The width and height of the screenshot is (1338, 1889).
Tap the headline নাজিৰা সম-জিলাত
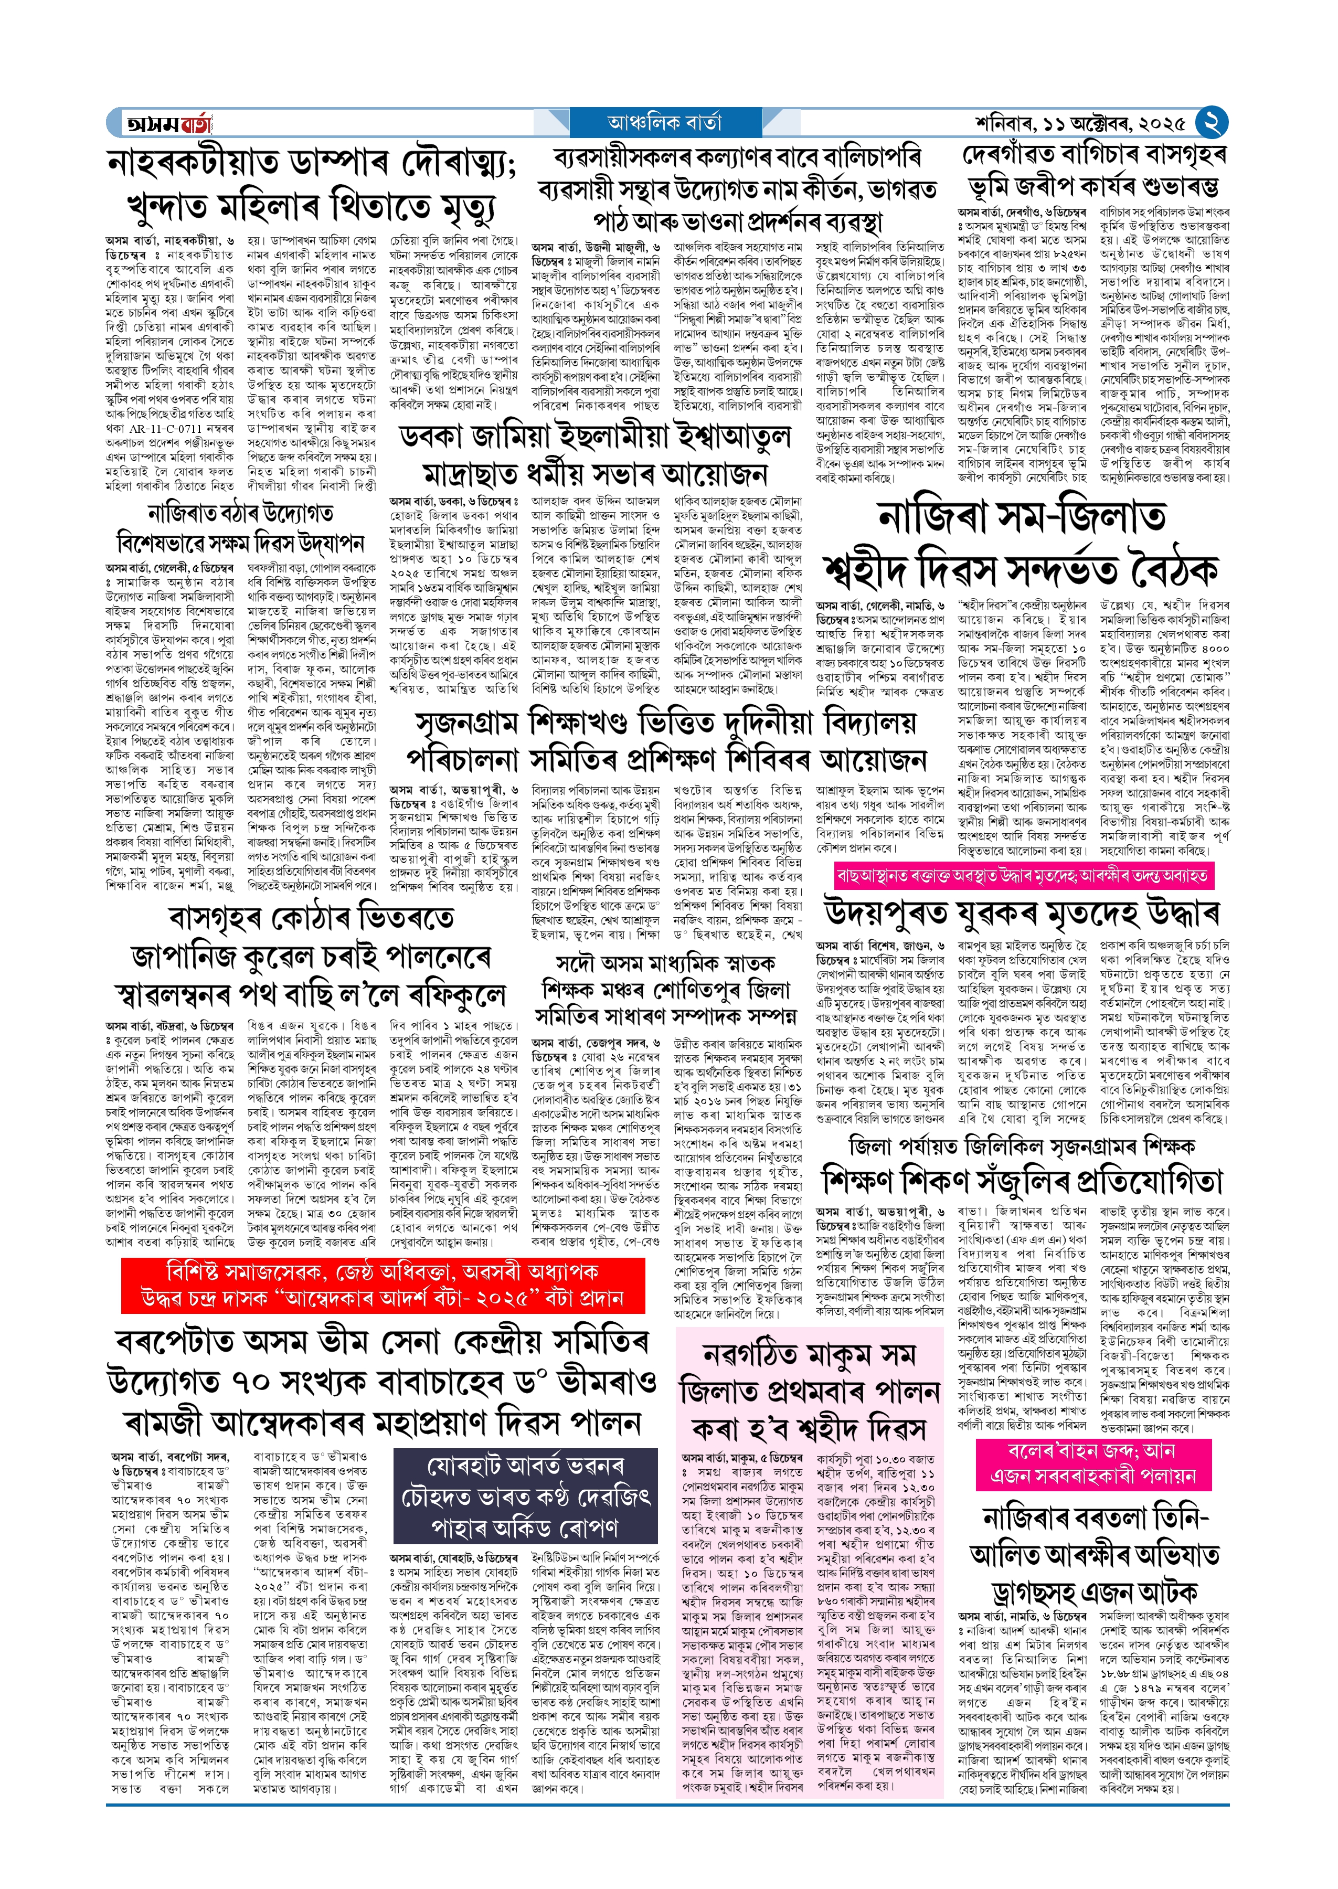click(x=1022, y=517)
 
